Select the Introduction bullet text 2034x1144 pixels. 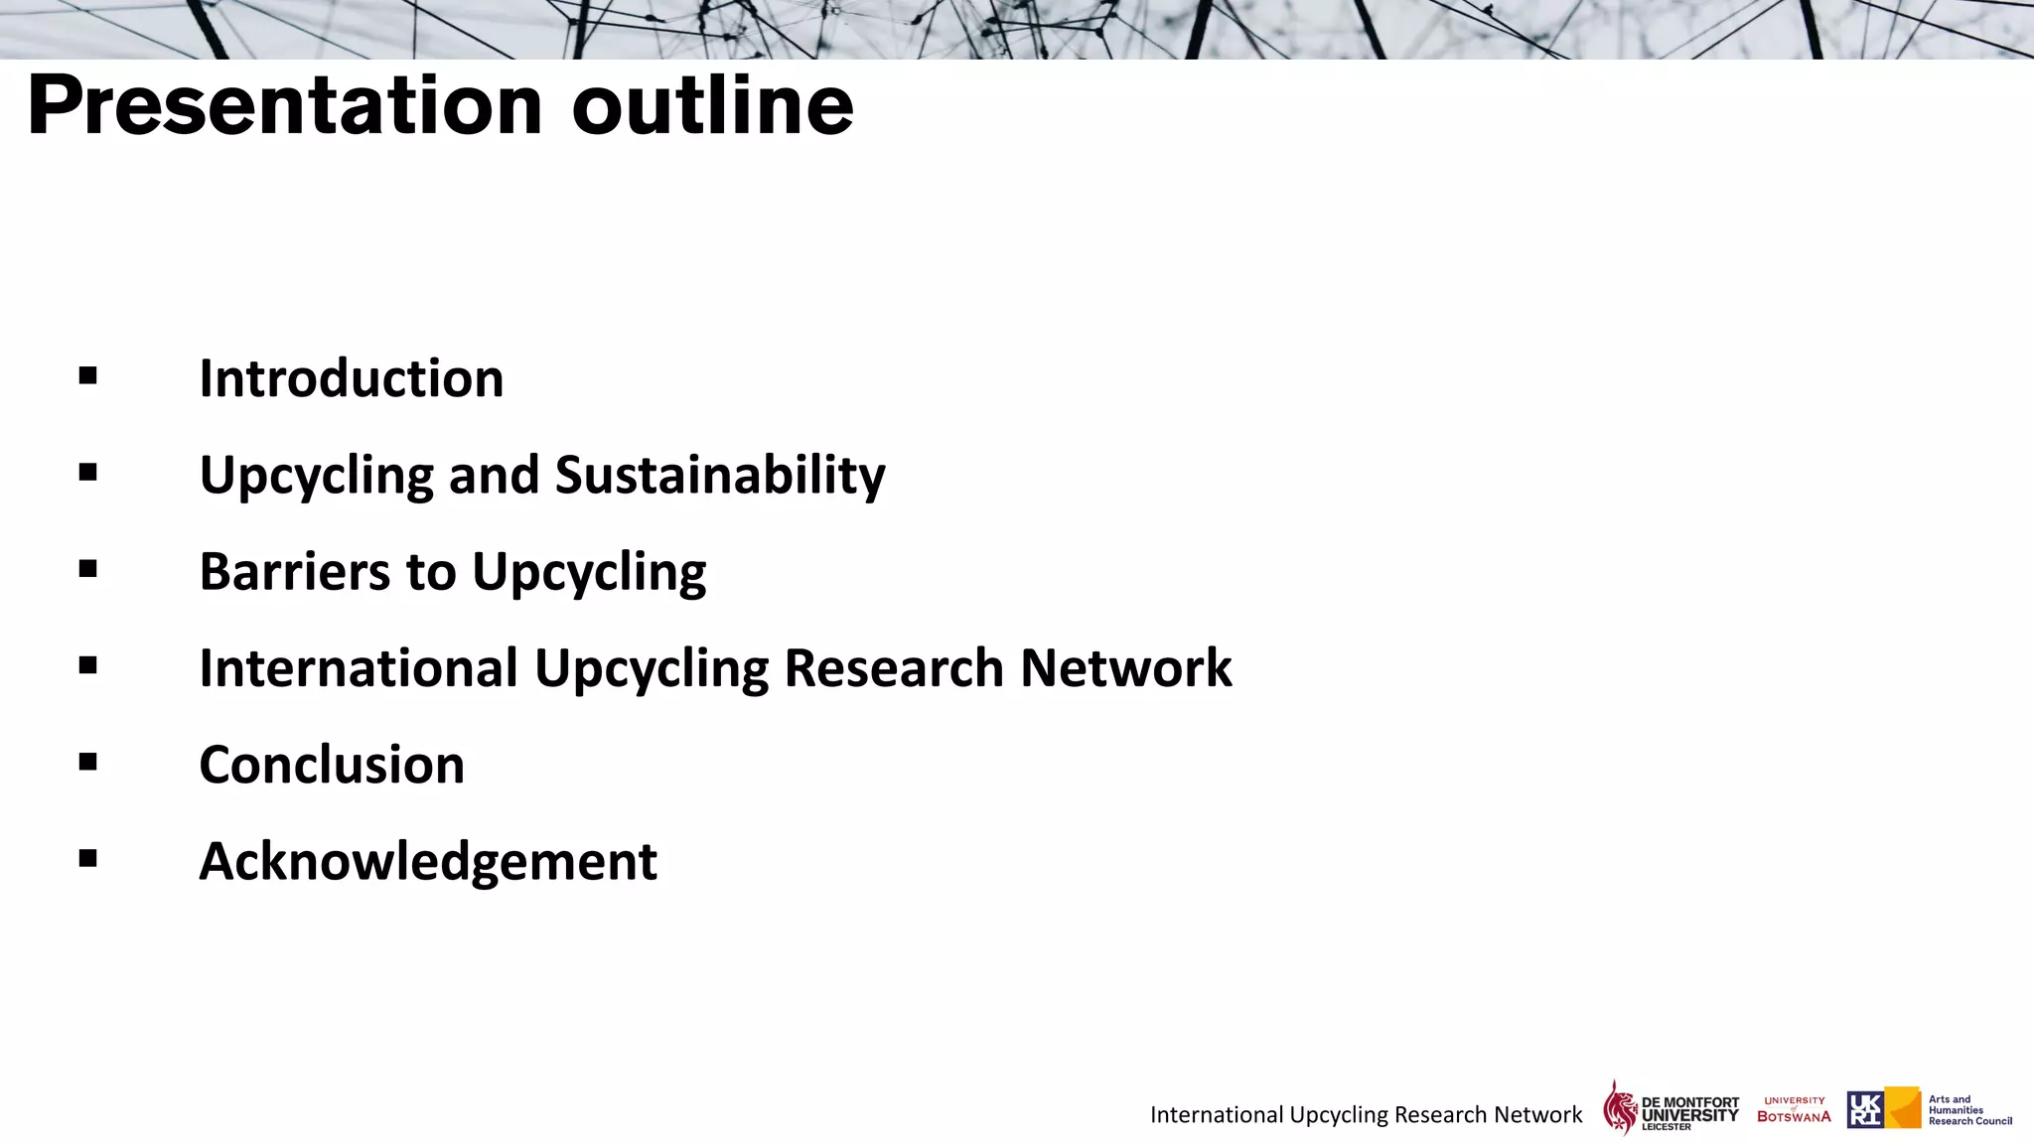click(x=352, y=378)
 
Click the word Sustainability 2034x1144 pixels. click(x=720, y=475)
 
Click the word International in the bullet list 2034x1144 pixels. click(x=359, y=667)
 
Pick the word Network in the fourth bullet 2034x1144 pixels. click(x=1126, y=667)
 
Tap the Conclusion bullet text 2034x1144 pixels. click(x=332, y=765)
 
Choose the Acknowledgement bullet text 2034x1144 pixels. click(x=428, y=861)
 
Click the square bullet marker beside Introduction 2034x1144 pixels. click(x=88, y=375)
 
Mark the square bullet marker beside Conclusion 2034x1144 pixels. click(x=88, y=762)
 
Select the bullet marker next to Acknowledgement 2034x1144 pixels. click(x=88, y=858)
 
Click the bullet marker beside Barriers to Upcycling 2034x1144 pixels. click(x=88, y=569)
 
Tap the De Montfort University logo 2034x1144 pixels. click(x=1671, y=1108)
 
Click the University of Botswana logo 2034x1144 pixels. click(x=1794, y=1109)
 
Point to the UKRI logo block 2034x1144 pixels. click(x=1883, y=1108)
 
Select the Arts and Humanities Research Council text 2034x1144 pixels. click(x=1969, y=1110)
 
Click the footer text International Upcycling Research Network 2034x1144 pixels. click(x=1366, y=1114)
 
